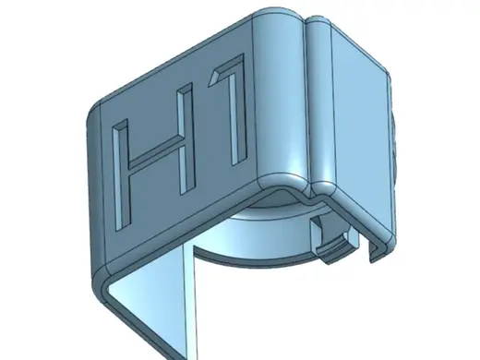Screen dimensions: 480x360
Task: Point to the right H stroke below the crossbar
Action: click(x=187, y=169)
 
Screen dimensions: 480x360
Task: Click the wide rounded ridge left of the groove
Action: click(x=282, y=95)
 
